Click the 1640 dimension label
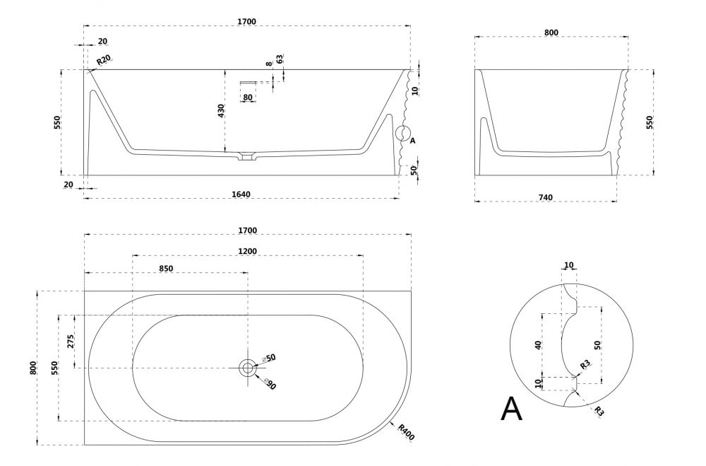tap(241, 194)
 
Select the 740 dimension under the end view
tap(545, 197)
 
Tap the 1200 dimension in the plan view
tap(247, 251)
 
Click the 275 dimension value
tap(71, 342)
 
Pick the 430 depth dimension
tap(221, 111)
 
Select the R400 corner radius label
tap(406, 431)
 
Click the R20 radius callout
tap(104, 61)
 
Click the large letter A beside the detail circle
tap(512, 409)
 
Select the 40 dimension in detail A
tap(539, 345)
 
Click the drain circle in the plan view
tap(247, 368)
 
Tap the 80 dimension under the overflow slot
tap(247, 97)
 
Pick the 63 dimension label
tap(280, 59)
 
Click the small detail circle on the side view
tap(402, 133)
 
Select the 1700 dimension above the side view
tap(247, 22)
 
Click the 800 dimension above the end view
tap(551, 33)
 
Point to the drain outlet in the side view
tap(246, 156)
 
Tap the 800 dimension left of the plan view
tap(32, 368)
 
